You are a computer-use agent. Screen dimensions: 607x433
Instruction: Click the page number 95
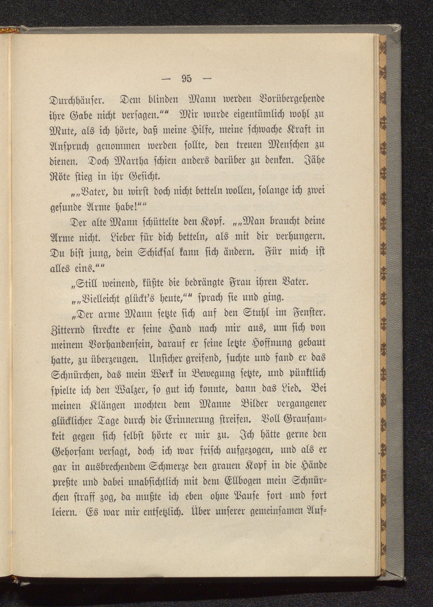[186, 79]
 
